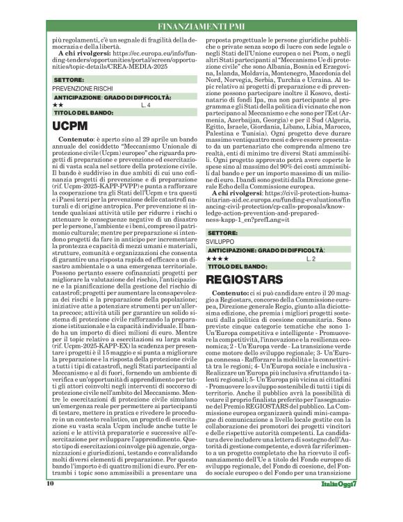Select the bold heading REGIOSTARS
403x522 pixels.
point(252,279)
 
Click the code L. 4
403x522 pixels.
point(145,105)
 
